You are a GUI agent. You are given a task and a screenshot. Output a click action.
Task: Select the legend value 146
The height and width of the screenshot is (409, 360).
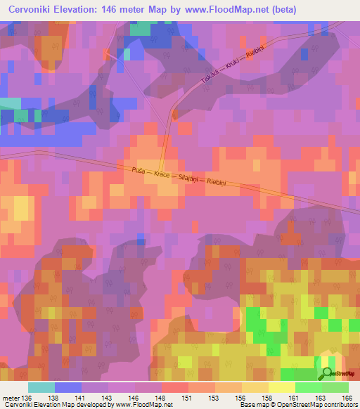coord(134,397)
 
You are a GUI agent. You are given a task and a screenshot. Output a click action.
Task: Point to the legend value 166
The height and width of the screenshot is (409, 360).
coord(347,397)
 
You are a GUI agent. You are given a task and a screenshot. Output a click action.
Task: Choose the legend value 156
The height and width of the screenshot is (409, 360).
coord(241,397)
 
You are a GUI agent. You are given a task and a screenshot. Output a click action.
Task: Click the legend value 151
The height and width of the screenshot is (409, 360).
coord(187,397)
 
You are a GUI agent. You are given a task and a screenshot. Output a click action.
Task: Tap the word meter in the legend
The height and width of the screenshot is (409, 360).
coord(11,397)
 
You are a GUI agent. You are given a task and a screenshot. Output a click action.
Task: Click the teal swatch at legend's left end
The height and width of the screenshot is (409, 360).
coord(41,387)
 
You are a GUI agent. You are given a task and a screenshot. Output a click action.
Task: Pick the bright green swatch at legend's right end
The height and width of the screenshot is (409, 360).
coord(335,387)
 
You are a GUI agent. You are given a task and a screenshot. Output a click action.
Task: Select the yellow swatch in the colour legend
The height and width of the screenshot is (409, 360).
coord(281,387)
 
